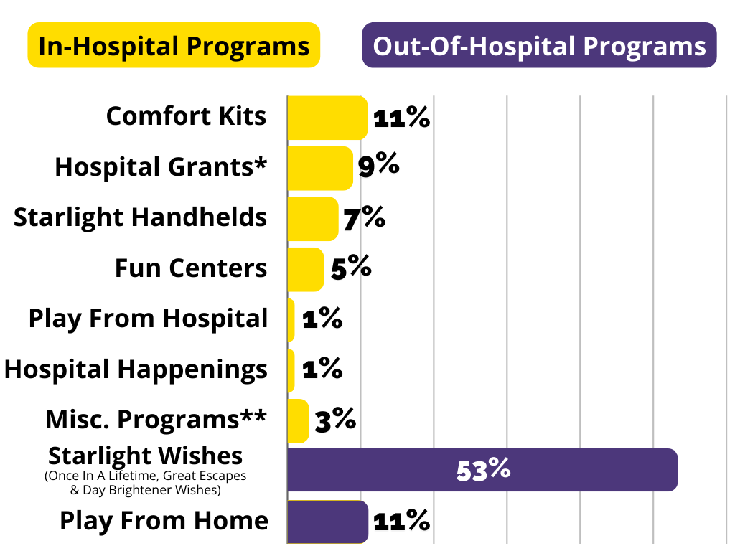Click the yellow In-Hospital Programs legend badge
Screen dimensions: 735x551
(x=174, y=45)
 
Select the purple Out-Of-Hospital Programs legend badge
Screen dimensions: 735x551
(x=539, y=45)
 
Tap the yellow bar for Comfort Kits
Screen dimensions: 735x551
(x=327, y=118)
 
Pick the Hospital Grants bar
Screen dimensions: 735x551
(x=320, y=168)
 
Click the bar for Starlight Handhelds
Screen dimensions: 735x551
(x=313, y=219)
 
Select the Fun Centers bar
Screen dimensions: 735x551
(x=305, y=270)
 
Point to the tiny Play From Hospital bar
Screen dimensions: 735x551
(x=291, y=320)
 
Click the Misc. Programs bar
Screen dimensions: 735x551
(x=298, y=420)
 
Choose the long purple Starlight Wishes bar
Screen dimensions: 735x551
(x=482, y=470)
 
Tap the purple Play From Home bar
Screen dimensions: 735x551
(x=327, y=522)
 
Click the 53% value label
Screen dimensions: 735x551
(x=483, y=471)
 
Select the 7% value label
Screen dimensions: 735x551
(x=364, y=218)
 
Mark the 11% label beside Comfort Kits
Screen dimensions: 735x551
(x=402, y=117)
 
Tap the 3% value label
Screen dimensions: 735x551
(x=336, y=420)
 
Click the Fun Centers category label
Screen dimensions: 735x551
(x=191, y=268)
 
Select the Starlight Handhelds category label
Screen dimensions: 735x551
(x=140, y=217)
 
